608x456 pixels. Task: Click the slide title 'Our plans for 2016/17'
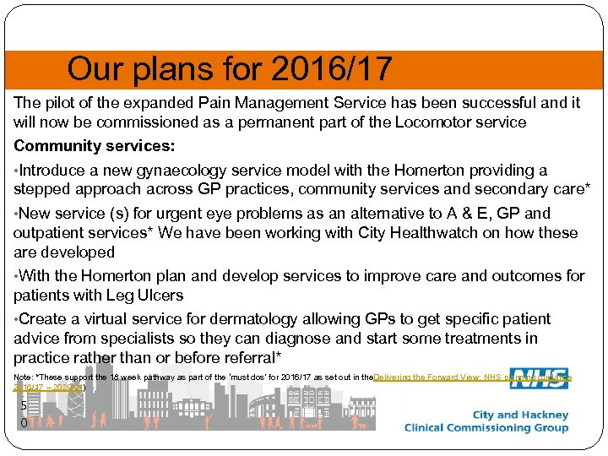pyautogui.click(x=230, y=69)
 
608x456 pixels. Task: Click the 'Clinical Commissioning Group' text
pyautogui.click(x=486, y=428)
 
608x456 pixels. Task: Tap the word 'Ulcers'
pyautogui.click(x=158, y=296)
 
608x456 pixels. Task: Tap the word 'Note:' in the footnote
pyautogui.click(x=24, y=377)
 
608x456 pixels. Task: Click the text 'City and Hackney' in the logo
pyautogui.click(x=520, y=415)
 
